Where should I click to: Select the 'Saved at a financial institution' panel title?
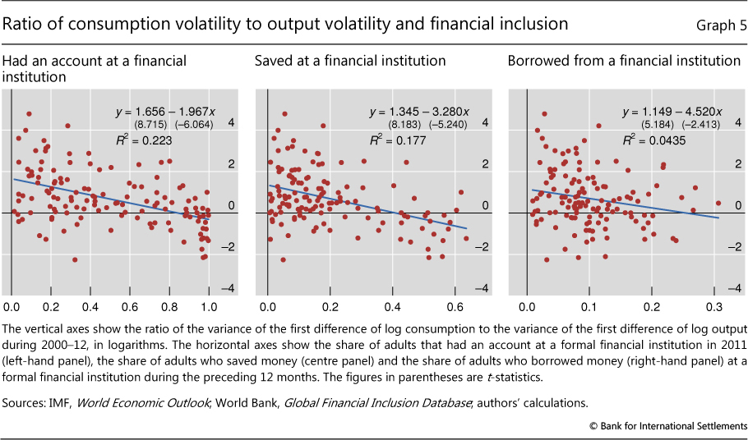[350, 61]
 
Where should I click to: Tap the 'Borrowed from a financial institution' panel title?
[624, 61]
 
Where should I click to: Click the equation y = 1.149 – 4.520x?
[672, 112]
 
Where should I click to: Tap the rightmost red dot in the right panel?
[718, 203]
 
